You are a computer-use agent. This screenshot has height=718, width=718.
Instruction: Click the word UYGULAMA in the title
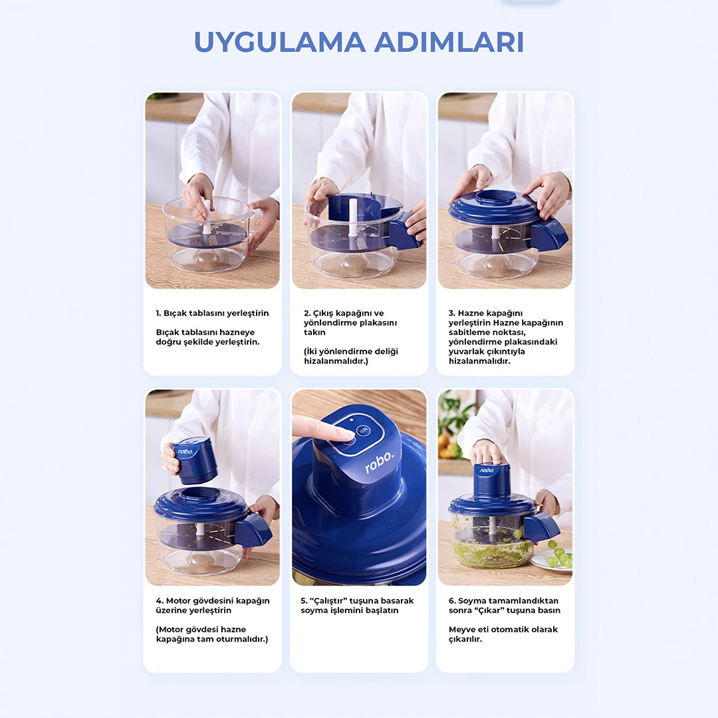click(x=280, y=42)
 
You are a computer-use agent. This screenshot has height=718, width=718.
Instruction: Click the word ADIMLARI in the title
click(x=449, y=42)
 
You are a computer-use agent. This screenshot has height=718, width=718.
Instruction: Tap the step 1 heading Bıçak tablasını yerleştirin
click(x=212, y=313)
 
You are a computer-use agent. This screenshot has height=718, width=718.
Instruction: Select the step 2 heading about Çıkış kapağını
click(x=350, y=323)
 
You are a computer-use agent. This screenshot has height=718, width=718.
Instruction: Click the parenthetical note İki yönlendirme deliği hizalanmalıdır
click(x=351, y=356)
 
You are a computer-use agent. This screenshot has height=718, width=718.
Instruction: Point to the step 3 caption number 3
click(x=451, y=313)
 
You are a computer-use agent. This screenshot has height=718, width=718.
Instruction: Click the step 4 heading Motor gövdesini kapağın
click(x=213, y=606)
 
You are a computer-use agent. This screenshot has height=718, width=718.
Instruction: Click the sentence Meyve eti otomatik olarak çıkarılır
click(x=503, y=634)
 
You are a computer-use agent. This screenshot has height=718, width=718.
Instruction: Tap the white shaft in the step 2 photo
click(x=352, y=218)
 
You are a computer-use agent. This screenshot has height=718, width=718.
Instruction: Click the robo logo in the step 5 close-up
click(x=379, y=462)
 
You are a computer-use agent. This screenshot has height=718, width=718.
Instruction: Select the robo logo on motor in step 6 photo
click(x=487, y=470)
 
